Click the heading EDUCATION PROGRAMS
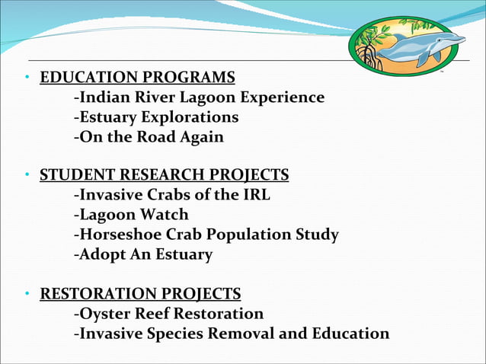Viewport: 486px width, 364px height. [x=137, y=78]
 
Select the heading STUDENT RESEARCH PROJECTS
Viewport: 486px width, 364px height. [x=164, y=176]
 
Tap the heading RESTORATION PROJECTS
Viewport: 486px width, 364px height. [x=140, y=293]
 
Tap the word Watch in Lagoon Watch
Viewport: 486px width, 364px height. [x=167, y=216]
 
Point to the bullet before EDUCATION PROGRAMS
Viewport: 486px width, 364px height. [x=27, y=78]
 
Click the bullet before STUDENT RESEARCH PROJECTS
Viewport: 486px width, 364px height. [x=27, y=177]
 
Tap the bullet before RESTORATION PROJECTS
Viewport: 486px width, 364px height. [x=27, y=294]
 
